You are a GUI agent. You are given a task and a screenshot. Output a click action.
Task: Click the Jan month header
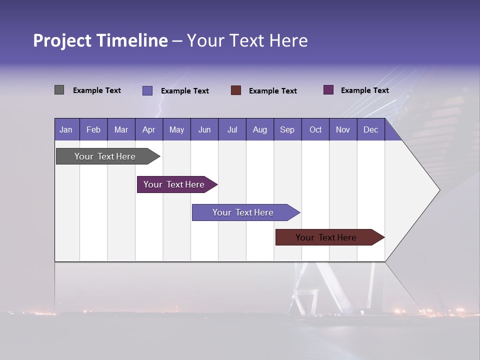(x=66, y=130)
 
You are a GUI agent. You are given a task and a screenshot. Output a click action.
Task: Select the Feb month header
(x=93, y=130)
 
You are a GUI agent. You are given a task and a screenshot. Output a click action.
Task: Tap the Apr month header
(x=148, y=130)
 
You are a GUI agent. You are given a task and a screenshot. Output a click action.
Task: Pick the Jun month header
(x=204, y=130)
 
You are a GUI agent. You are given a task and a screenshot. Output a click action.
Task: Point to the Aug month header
(x=259, y=130)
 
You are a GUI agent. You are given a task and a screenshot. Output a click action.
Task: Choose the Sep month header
(x=287, y=130)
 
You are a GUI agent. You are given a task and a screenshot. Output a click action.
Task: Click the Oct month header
(x=315, y=130)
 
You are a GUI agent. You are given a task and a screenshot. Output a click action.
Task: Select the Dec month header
(x=370, y=130)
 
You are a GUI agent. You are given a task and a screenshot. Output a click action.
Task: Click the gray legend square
(x=59, y=90)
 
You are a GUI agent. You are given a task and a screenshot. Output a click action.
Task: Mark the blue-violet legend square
(x=147, y=90)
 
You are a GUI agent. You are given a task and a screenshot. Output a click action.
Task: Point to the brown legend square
(x=236, y=90)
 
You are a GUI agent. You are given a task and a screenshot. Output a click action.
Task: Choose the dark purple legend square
(x=328, y=90)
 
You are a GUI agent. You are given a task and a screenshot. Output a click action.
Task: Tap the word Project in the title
(x=61, y=40)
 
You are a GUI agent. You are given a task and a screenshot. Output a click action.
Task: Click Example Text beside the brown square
(x=272, y=91)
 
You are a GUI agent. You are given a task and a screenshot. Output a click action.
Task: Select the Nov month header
(x=342, y=130)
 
